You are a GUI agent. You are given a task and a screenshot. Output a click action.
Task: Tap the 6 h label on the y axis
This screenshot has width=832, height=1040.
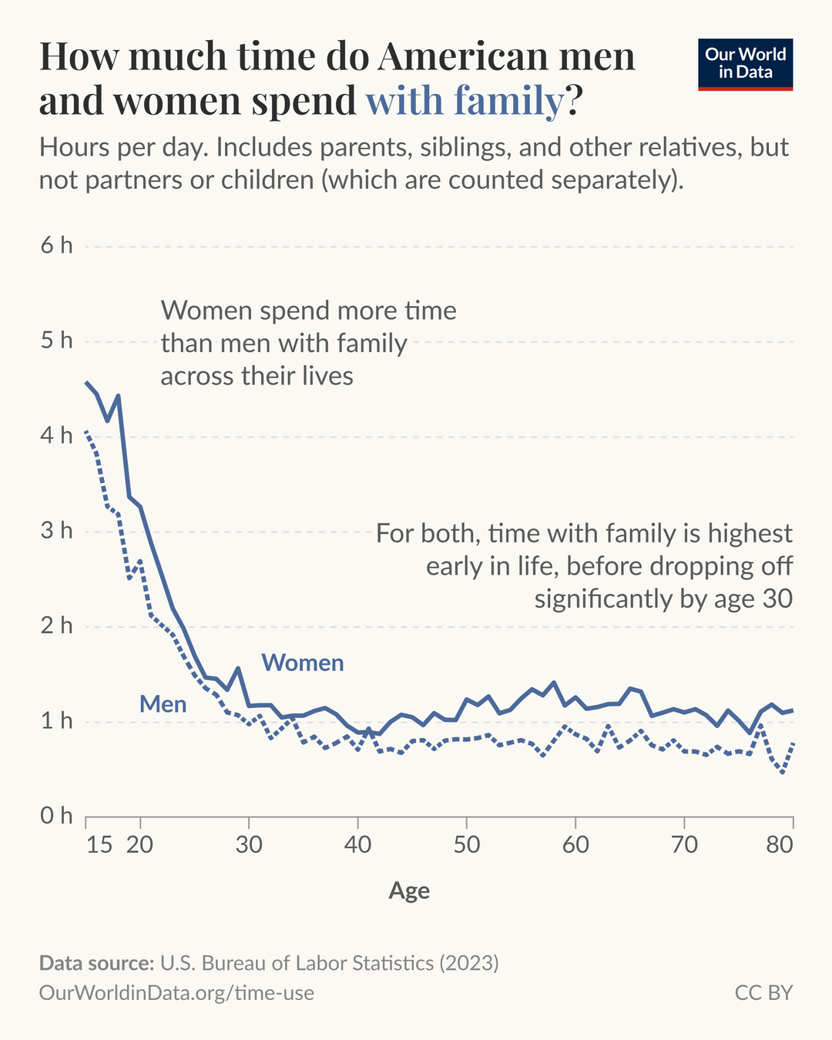[x=56, y=246]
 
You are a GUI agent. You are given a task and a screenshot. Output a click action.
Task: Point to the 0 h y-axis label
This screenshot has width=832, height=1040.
[x=56, y=815]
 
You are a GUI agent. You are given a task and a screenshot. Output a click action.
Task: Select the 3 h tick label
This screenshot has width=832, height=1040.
[x=56, y=531]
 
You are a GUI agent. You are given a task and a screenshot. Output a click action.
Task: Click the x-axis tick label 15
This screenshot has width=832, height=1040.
[x=99, y=844]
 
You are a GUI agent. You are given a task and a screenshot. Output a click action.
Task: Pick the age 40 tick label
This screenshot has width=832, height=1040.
[x=357, y=844]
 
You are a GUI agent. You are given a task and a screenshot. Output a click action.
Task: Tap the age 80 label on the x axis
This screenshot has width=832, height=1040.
[x=780, y=844]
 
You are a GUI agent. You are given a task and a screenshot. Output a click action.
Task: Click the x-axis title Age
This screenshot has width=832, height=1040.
[x=409, y=891]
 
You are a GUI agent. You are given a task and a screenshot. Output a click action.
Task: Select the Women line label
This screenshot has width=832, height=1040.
[x=303, y=663]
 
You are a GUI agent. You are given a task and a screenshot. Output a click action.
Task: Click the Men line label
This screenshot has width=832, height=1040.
[x=163, y=704]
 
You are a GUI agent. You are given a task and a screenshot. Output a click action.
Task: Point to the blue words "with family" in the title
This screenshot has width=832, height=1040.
[x=465, y=101]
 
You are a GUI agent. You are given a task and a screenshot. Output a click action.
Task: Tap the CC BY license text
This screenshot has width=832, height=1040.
[x=763, y=992]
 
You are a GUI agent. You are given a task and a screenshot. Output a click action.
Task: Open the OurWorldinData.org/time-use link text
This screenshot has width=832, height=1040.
[x=176, y=992]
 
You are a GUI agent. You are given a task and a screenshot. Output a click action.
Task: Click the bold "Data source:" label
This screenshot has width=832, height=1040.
[x=96, y=963]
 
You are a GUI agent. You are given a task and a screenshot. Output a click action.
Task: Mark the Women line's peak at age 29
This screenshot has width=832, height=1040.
[x=238, y=668]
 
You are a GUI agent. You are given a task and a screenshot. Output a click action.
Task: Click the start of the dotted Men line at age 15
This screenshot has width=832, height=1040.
[x=86, y=431]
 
